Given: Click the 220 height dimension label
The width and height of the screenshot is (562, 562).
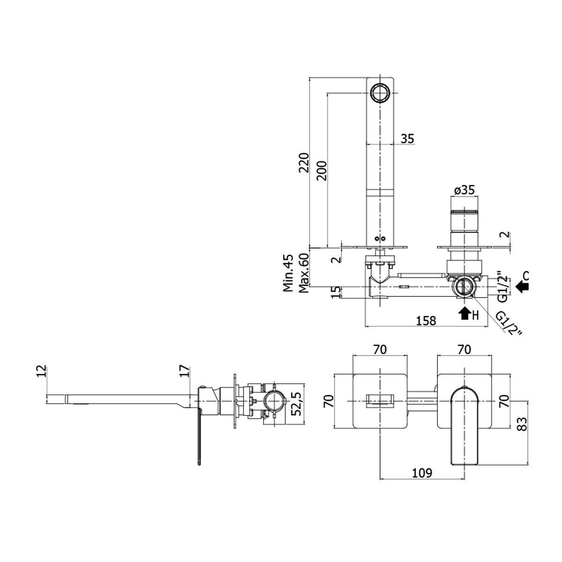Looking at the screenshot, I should (x=304, y=163).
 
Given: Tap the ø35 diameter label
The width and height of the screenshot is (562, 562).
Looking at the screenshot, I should (x=464, y=190).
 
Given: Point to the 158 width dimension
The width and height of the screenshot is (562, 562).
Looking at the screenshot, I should (x=426, y=320).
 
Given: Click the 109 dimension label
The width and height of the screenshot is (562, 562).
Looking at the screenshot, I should (x=422, y=473).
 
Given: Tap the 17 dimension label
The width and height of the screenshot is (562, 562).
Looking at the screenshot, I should (x=185, y=371).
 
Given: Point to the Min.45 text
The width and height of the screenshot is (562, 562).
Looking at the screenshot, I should (x=288, y=274).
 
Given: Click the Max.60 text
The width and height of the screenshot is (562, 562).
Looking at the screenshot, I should (x=304, y=274).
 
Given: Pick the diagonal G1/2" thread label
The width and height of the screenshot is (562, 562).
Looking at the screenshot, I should (x=509, y=324).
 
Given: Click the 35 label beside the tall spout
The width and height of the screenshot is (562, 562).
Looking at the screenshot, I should (x=407, y=139).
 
